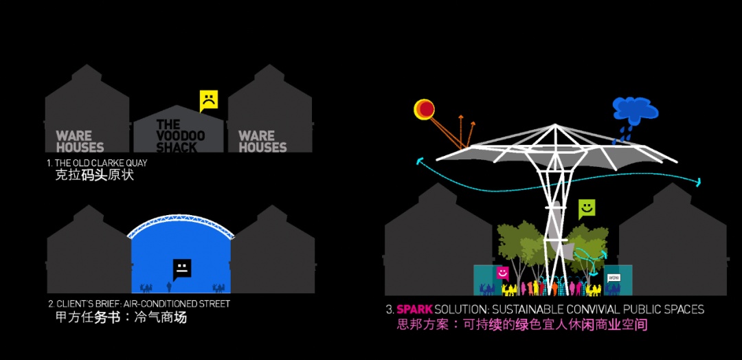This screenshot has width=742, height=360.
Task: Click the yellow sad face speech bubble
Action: tap(209, 100)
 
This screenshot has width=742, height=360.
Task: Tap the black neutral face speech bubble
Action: tap(181, 269)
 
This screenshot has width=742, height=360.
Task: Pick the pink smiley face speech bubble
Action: tap(502, 273)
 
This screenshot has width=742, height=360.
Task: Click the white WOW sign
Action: tap(614, 278)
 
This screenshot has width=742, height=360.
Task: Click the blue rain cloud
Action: tap(635, 109)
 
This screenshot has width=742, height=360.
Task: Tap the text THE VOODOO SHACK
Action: tap(180, 136)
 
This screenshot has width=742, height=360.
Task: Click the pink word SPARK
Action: tap(414, 310)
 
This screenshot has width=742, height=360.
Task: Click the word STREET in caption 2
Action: tap(214, 304)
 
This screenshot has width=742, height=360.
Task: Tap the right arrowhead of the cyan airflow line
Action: tap(698, 182)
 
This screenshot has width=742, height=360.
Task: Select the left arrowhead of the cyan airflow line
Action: tap(419, 161)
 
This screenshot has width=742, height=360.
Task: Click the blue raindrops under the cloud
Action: tap(622, 133)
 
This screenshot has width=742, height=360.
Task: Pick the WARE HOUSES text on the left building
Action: tap(80, 142)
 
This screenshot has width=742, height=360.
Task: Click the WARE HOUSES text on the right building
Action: tap(262, 142)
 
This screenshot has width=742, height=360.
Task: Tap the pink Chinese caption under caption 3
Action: tap(521, 326)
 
